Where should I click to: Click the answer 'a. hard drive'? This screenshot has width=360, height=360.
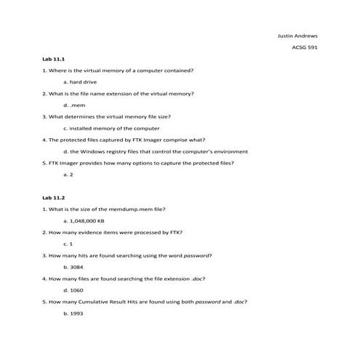pyautogui.click(x=80, y=82)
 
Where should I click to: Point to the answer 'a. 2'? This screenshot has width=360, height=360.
pyautogui.click(x=70, y=175)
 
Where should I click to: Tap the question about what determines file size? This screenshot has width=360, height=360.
pyautogui.click(x=107, y=117)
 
